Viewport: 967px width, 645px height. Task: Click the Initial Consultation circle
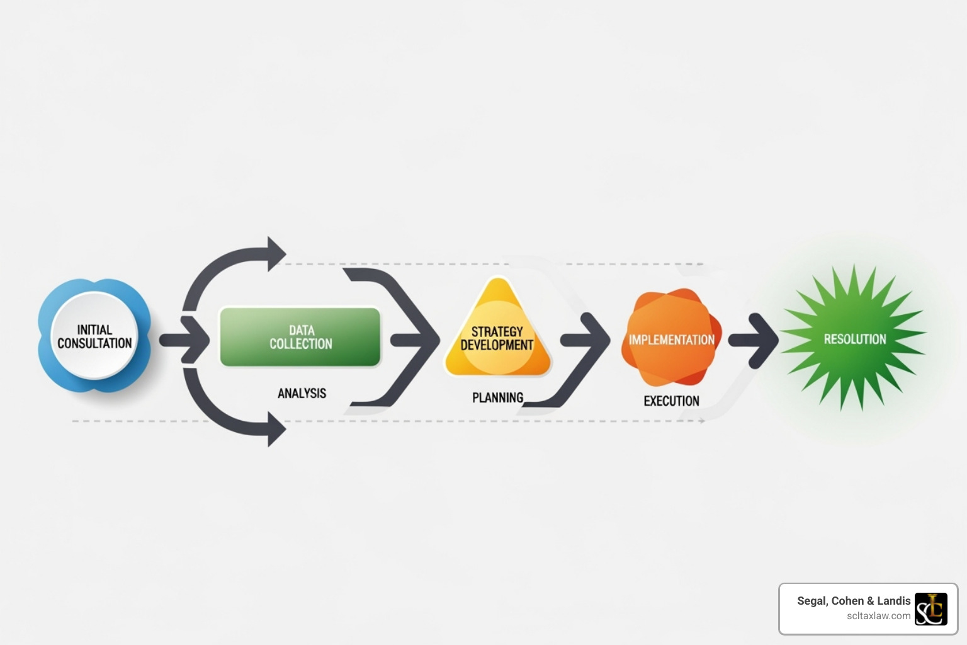(94, 336)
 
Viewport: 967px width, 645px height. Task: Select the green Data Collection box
(300, 337)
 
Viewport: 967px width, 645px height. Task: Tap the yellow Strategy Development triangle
(497, 334)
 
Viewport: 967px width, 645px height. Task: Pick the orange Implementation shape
(672, 338)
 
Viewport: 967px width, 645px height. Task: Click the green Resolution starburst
(854, 338)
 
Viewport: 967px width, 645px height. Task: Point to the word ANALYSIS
(302, 393)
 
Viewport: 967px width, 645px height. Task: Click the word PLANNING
(497, 397)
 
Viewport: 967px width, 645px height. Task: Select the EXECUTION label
(671, 401)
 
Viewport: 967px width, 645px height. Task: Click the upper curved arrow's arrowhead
(276, 254)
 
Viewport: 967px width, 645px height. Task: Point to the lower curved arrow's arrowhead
(276, 430)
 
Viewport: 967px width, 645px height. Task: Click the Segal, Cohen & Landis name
(854, 601)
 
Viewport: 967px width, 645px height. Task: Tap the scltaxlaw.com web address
(878, 616)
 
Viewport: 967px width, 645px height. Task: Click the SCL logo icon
(931, 609)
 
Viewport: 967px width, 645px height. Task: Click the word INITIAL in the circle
(94, 329)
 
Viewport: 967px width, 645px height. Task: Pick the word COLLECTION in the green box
(300, 344)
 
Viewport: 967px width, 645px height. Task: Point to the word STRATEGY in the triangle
(497, 331)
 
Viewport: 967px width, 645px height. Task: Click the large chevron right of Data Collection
(416, 340)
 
